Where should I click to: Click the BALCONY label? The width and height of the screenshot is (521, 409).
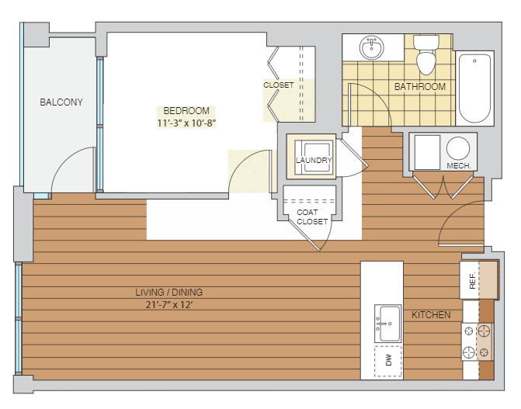point(61,102)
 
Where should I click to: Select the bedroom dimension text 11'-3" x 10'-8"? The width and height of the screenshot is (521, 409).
point(186,123)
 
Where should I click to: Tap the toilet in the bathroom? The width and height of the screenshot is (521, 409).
point(426,55)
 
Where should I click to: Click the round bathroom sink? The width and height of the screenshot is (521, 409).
point(371,48)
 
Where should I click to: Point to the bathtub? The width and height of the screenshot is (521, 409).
point(474,88)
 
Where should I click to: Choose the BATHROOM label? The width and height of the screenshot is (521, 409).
point(420,87)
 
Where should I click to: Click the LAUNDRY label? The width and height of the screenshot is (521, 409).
point(314,160)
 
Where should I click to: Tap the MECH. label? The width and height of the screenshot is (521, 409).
point(459,166)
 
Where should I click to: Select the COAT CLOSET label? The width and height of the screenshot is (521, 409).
point(312,217)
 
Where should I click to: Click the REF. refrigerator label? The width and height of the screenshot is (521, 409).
point(473,281)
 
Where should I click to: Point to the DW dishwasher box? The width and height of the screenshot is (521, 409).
point(388,361)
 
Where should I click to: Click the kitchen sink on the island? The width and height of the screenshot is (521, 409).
point(387,324)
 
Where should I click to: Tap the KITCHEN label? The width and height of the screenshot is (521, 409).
point(431,315)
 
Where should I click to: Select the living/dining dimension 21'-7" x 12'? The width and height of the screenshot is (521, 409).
point(169,305)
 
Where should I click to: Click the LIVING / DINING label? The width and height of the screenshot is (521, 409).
point(168,293)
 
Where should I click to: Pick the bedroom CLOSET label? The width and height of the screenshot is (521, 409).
point(279,85)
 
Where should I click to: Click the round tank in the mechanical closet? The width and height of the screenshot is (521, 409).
point(458,148)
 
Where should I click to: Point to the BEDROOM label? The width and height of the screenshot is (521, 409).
point(186,111)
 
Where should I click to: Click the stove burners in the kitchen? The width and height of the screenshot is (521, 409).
point(477,341)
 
